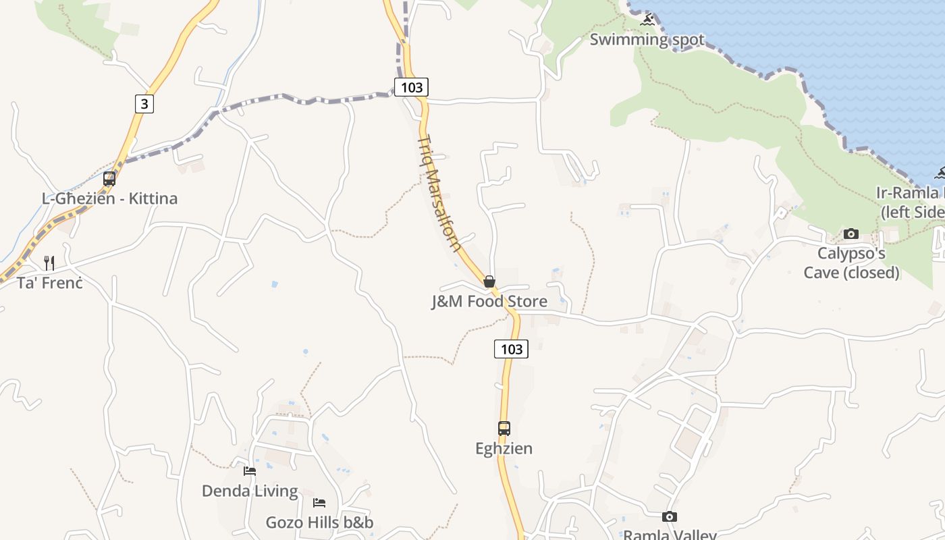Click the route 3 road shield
[144, 104]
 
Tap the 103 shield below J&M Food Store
[511, 349]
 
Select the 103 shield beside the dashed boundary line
[411, 87]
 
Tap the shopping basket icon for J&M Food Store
[489, 281]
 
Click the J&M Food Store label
[489, 301]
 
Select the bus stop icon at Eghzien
[504, 428]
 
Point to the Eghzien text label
[504, 448]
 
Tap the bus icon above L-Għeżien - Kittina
[109, 179]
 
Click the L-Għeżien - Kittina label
[110, 198]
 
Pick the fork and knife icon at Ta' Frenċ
[49, 263]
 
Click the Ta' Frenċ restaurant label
[50, 283]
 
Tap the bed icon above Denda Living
[250, 470]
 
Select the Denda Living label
[250, 491]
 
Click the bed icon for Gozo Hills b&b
[319, 502]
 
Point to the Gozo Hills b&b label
[319, 522]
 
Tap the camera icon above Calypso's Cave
[851, 234]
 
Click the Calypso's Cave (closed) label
[851, 263]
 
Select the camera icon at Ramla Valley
[669, 516]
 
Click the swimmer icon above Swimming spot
[648, 20]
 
